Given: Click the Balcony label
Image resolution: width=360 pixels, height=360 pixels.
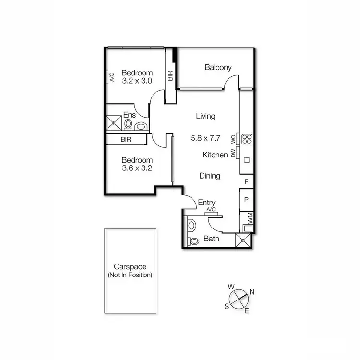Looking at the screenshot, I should [x=218, y=68].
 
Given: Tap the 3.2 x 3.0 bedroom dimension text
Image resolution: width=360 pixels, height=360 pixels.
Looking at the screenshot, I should [x=137, y=81].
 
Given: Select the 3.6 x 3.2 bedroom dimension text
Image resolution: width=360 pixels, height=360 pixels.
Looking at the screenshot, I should [x=137, y=168].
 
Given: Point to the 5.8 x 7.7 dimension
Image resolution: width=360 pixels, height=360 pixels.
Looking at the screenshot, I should [x=205, y=138].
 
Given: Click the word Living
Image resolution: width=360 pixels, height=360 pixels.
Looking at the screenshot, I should [x=205, y=116].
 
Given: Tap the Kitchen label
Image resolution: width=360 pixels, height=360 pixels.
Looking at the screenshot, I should [x=215, y=155].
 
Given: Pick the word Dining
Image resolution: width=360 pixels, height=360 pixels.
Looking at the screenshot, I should [x=210, y=176].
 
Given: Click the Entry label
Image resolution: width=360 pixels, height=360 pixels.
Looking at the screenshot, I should [x=206, y=203].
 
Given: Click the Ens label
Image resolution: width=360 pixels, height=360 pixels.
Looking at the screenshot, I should [x=130, y=115].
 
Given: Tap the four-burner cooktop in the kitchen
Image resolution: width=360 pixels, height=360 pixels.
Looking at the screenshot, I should [x=247, y=139].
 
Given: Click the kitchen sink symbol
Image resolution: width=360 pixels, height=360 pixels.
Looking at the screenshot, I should [x=247, y=159].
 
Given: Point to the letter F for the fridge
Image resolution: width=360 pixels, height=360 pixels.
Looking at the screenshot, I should [x=247, y=182].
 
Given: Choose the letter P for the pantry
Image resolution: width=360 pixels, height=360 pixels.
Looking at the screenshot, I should [x=247, y=200].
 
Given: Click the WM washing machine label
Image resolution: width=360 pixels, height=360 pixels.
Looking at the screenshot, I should [x=250, y=218].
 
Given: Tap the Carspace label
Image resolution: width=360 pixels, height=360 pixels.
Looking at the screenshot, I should [x=130, y=267].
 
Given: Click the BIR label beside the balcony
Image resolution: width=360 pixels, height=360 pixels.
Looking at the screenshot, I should [x=170, y=76].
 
